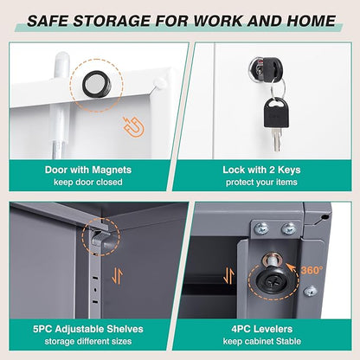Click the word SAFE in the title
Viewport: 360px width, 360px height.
[48, 21]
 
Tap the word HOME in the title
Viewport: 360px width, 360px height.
[311, 21]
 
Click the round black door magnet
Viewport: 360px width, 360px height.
[97, 84]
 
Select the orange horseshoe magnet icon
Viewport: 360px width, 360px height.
[133, 126]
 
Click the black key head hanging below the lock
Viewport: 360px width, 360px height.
[274, 112]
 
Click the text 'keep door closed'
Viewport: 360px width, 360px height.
[88, 183]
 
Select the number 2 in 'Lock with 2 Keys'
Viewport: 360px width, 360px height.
[272, 170]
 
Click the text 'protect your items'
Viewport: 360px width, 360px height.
[261, 183]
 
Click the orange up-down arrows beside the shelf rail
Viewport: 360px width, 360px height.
[118, 275]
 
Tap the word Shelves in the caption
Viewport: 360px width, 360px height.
[125, 329]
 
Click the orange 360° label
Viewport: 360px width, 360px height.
[312, 270]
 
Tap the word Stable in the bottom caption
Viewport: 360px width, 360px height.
[288, 342]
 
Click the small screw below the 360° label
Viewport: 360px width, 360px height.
[310, 292]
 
